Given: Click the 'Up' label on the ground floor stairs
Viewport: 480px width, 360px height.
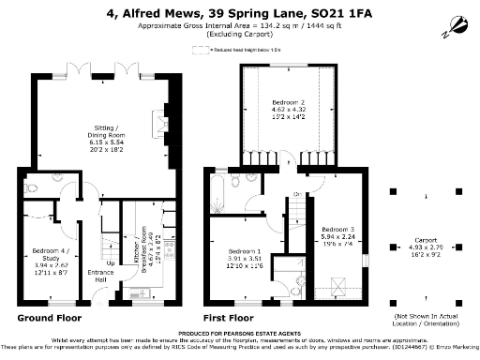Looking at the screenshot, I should coord(112,262).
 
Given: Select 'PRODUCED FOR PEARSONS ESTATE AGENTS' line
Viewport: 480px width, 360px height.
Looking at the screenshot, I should coord(240,334).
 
